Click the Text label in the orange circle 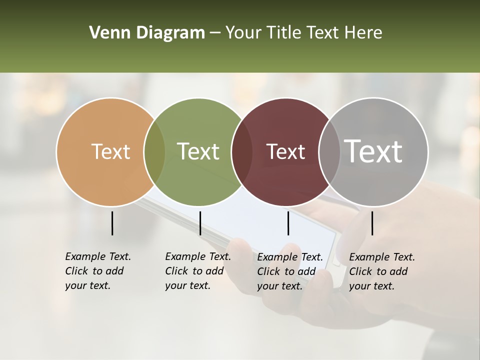[x=110, y=151]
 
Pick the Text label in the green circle [x=198, y=151]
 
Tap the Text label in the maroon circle [x=286, y=151]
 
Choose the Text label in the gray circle [x=373, y=151]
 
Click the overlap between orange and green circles [x=154, y=151]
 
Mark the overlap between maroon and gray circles [x=328, y=151]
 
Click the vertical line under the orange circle [x=112, y=223]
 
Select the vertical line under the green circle [x=200, y=223]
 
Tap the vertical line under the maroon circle [x=288, y=223]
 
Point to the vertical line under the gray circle [x=372, y=223]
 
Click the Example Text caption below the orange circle [x=98, y=271]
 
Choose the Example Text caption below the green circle [x=198, y=271]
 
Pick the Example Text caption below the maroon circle [x=290, y=271]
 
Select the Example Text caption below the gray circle [x=382, y=271]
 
